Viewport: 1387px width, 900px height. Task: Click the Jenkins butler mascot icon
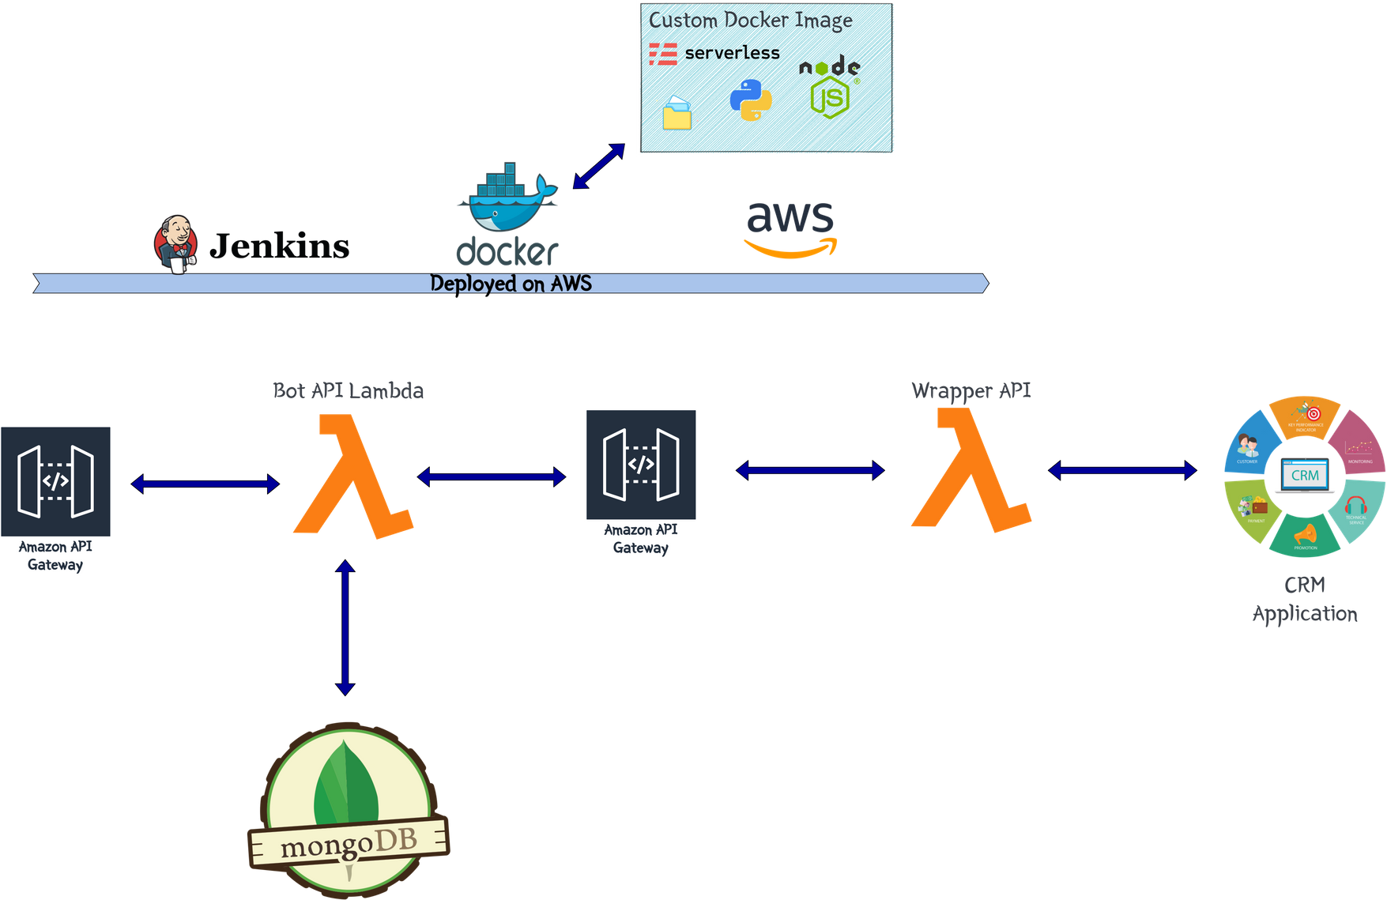coord(175,243)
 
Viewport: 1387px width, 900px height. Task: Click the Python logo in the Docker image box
coord(750,100)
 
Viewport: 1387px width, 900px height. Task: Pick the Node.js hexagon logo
coord(829,96)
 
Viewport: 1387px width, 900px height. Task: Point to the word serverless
coord(732,53)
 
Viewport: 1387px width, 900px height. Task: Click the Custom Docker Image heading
coord(750,20)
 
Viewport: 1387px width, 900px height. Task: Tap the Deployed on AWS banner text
coord(511,284)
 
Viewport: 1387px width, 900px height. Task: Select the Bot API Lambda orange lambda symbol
coord(352,477)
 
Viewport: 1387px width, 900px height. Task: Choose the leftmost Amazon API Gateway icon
coord(56,481)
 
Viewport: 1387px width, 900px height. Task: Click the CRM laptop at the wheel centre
coord(1304,476)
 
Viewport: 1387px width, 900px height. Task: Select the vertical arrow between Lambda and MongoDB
coord(345,628)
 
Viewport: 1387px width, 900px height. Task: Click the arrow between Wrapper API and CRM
coord(1122,471)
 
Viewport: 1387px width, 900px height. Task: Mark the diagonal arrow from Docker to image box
coord(598,167)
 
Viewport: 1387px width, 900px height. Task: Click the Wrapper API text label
coord(971,390)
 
